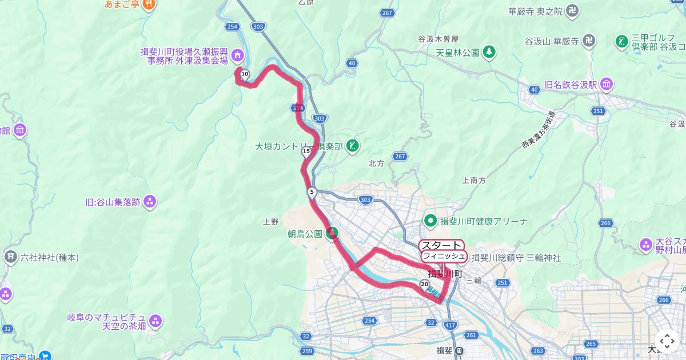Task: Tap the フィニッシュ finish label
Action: tap(444, 256)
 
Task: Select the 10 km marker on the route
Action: tap(245, 74)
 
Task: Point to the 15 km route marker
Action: tap(306, 151)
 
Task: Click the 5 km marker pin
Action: tap(312, 193)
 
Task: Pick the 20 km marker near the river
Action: tap(424, 284)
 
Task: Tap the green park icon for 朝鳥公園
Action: tap(332, 233)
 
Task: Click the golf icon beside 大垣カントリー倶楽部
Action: tap(353, 146)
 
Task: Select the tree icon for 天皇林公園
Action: tap(489, 53)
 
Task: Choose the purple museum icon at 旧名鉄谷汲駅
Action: tap(607, 85)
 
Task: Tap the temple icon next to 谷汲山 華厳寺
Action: tap(590, 41)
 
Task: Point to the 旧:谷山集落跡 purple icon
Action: tap(150, 201)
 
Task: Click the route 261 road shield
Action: tap(472, 335)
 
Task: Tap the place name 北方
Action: tap(376, 163)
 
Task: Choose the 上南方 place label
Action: tap(473, 180)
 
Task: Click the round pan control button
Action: tap(667, 341)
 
